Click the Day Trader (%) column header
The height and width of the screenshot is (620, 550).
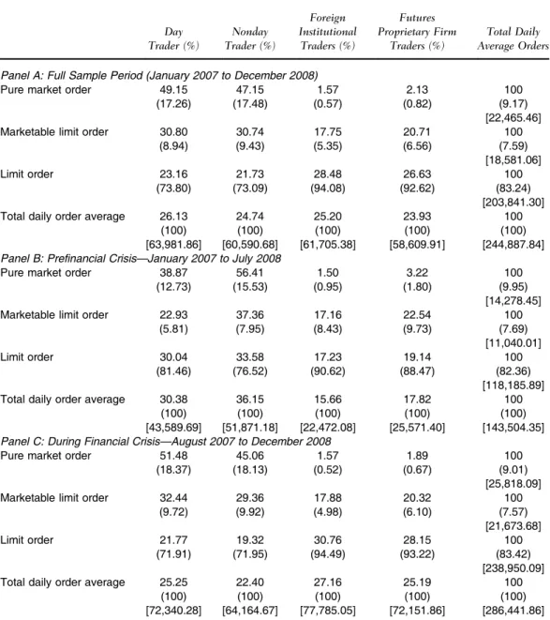click(173, 38)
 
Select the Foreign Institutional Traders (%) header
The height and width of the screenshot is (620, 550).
click(328, 32)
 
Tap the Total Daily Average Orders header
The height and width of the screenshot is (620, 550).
click(513, 38)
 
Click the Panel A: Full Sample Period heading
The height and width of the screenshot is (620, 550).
click(159, 75)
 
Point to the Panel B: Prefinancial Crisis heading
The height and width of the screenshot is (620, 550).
click(141, 258)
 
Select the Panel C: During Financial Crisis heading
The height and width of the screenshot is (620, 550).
click(166, 441)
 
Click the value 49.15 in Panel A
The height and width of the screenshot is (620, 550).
click(173, 90)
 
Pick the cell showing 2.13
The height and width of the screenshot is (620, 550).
click(417, 90)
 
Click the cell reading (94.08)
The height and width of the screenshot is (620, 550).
click(328, 189)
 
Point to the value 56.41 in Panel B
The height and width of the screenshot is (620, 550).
click(250, 273)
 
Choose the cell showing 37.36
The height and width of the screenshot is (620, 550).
click(250, 315)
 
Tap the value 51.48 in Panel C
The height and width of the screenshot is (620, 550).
click(173, 456)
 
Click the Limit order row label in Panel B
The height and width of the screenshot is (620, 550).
click(27, 357)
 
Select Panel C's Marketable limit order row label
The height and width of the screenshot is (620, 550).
click(54, 498)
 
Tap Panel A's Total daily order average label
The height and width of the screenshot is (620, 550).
click(63, 217)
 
